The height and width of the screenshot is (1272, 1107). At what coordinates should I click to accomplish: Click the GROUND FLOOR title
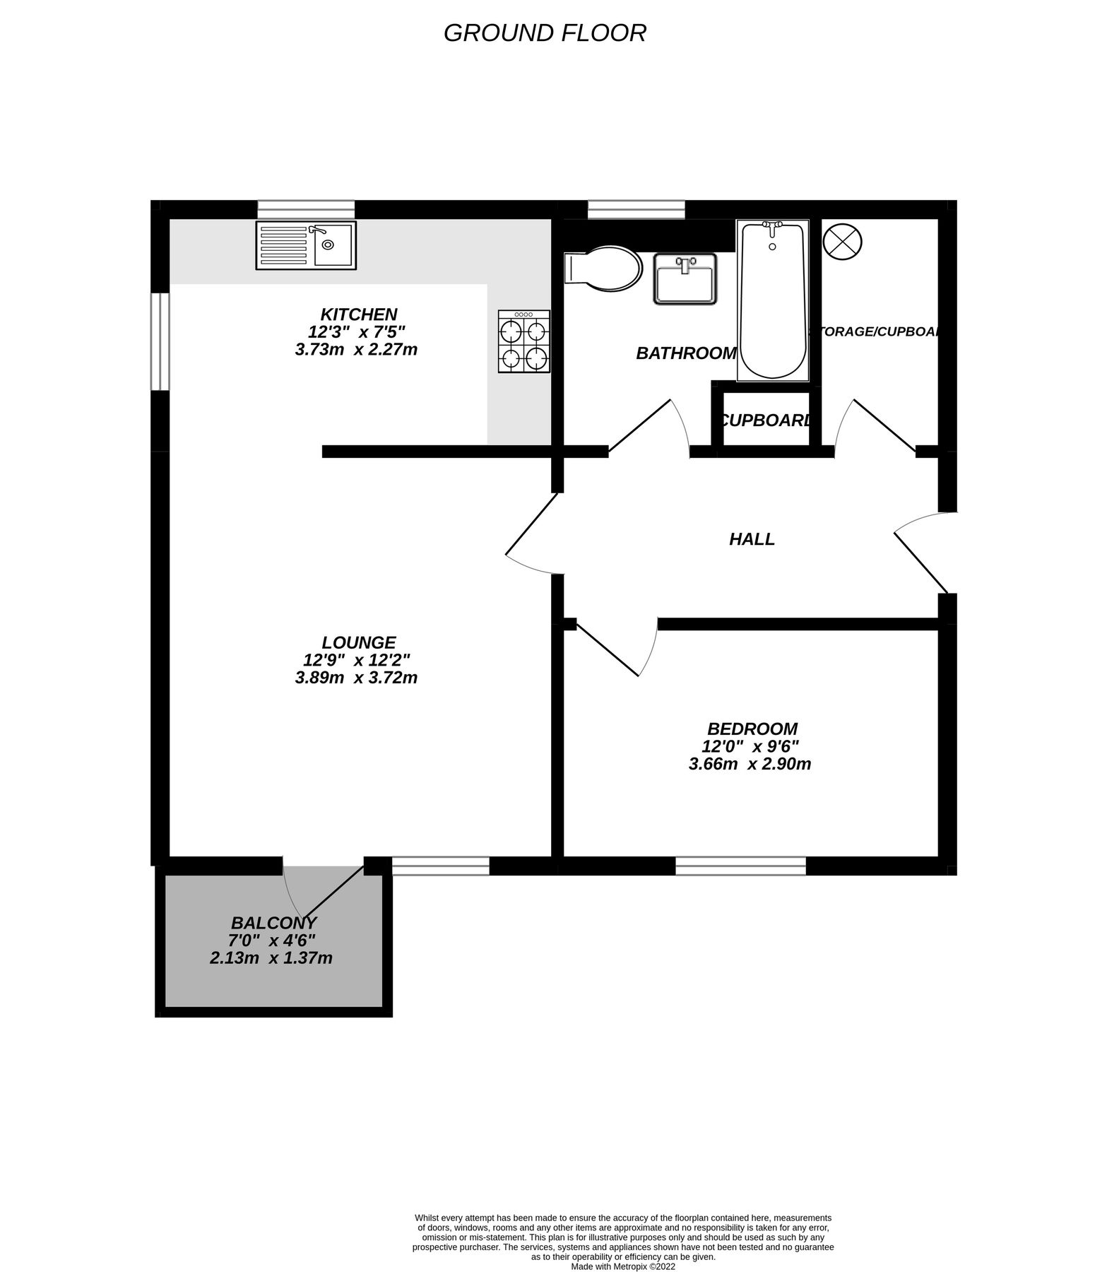pyautogui.click(x=545, y=33)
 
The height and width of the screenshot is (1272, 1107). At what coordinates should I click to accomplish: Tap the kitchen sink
pyautogui.click(x=306, y=245)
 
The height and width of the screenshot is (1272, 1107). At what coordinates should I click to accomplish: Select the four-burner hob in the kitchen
pyautogui.click(x=523, y=341)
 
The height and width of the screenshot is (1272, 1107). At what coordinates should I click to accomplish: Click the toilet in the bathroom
pyautogui.click(x=603, y=269)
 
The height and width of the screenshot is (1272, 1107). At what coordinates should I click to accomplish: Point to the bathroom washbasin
pyautogui.click(x=685, y=278)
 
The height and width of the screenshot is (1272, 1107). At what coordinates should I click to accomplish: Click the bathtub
pyautogui.click(x=772, y=300)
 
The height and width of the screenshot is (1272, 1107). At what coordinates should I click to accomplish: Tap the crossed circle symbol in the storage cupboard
pyautogui.click(x=843, y=240)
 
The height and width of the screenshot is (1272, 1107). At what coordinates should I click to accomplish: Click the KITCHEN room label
pyautogui.click(x=359, y=314)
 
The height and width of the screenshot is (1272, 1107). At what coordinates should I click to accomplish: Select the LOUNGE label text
pyautogui.click(x=359, y=642)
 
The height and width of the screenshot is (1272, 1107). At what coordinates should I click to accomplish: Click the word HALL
pyautogui.click(x=752, y=539)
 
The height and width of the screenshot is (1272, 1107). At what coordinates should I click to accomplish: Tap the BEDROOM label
pyautogui.click(x=752, y=729)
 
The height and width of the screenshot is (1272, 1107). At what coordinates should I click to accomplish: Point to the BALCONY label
pyautogui.click(x=274, y=923)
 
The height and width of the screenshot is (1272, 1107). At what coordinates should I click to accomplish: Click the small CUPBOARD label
pyautogui.click(x=766, y=420)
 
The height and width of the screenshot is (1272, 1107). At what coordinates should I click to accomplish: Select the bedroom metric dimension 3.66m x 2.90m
pyautogui.click(x=750, y=764)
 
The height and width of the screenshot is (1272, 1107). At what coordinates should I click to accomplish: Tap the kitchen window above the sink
pyautogui.click(x=306, y=209)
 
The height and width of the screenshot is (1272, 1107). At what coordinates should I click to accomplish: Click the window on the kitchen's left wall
pyautogui.click(x=160, y=341)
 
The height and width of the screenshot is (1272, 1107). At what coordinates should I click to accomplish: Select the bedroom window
pyautogui.click(x=740, y=866)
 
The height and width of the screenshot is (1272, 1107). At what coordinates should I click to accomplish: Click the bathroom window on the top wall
pyautogui.click(x=636, y=209)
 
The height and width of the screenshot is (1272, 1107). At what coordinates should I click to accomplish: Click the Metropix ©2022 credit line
pyautogui.click(x=623, y=1247)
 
